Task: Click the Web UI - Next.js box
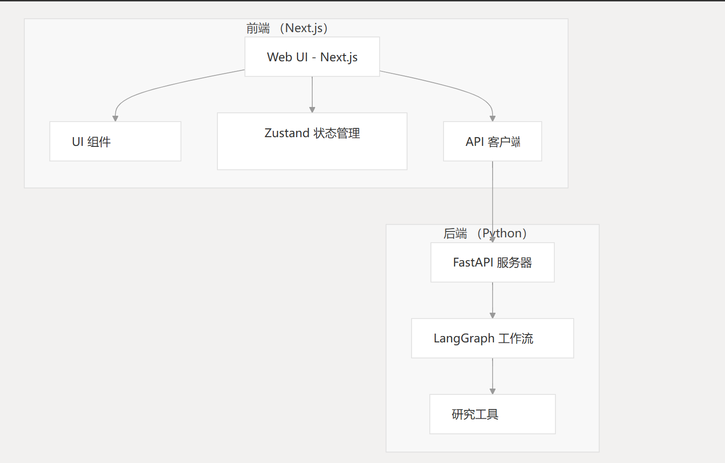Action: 312,57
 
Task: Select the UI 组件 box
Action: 115,142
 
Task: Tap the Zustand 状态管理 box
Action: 312,142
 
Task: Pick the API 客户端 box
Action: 492,142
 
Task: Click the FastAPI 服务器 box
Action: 492,263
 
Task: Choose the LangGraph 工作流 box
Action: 492,338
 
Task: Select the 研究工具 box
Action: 492,414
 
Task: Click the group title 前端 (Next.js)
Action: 287,28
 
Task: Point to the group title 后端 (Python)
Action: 485,233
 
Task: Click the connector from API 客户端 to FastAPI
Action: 493,195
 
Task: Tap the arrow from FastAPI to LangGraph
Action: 493,300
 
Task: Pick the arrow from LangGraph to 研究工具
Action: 493,375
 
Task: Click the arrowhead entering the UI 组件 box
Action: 115,118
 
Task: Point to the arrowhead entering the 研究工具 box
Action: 493,391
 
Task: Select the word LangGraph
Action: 464,338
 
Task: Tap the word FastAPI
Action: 473,263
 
